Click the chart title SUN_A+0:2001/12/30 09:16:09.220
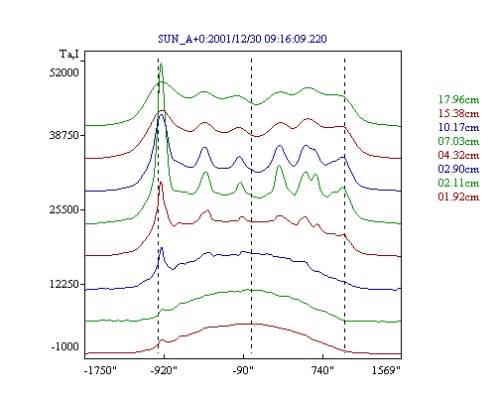click(x=242, y=39)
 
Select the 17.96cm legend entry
click(x=458, y=99)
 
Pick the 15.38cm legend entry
click(x=458, y=113)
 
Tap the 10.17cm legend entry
click(x=458, y=127)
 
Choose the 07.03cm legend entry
click(x=458, y=141)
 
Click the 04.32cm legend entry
click(x=458, y=155)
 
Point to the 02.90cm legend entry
click(x=458, y=169)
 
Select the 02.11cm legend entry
click(x=458, y=183)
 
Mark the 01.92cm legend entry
click(x=458, y=197)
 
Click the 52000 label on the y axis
click(x=64, y=72)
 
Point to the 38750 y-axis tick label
click(x=64, y=135)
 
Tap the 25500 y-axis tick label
click(x=64, y=209)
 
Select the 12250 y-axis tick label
click(x=64, y=284)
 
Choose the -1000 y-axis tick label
click(x=65, y=346)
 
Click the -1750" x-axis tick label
click(x=100, y=370)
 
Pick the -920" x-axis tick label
click(x=164, y=370)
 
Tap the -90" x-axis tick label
click(x=243, y=370)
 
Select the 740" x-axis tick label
click(x=322, y=370)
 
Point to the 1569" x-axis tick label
click(x=386, y=370)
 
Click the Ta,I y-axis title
click(x=69, y=55)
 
